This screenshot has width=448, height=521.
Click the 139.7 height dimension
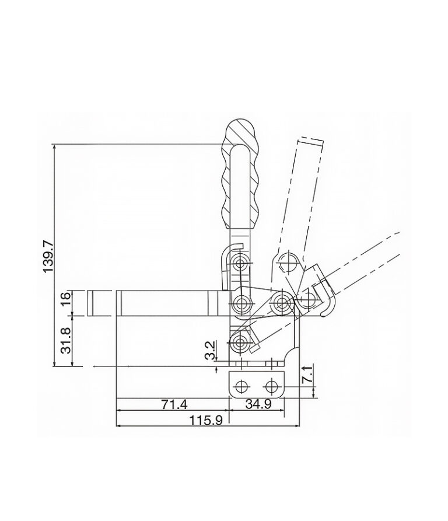point(48,257)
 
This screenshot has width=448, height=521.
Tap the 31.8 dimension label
point(66,341)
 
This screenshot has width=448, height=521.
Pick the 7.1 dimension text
point(307,375)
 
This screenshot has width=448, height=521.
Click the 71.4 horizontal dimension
point(174,404)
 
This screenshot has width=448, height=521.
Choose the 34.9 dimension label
point(258,404)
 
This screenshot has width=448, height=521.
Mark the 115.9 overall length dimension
point(206,421)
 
